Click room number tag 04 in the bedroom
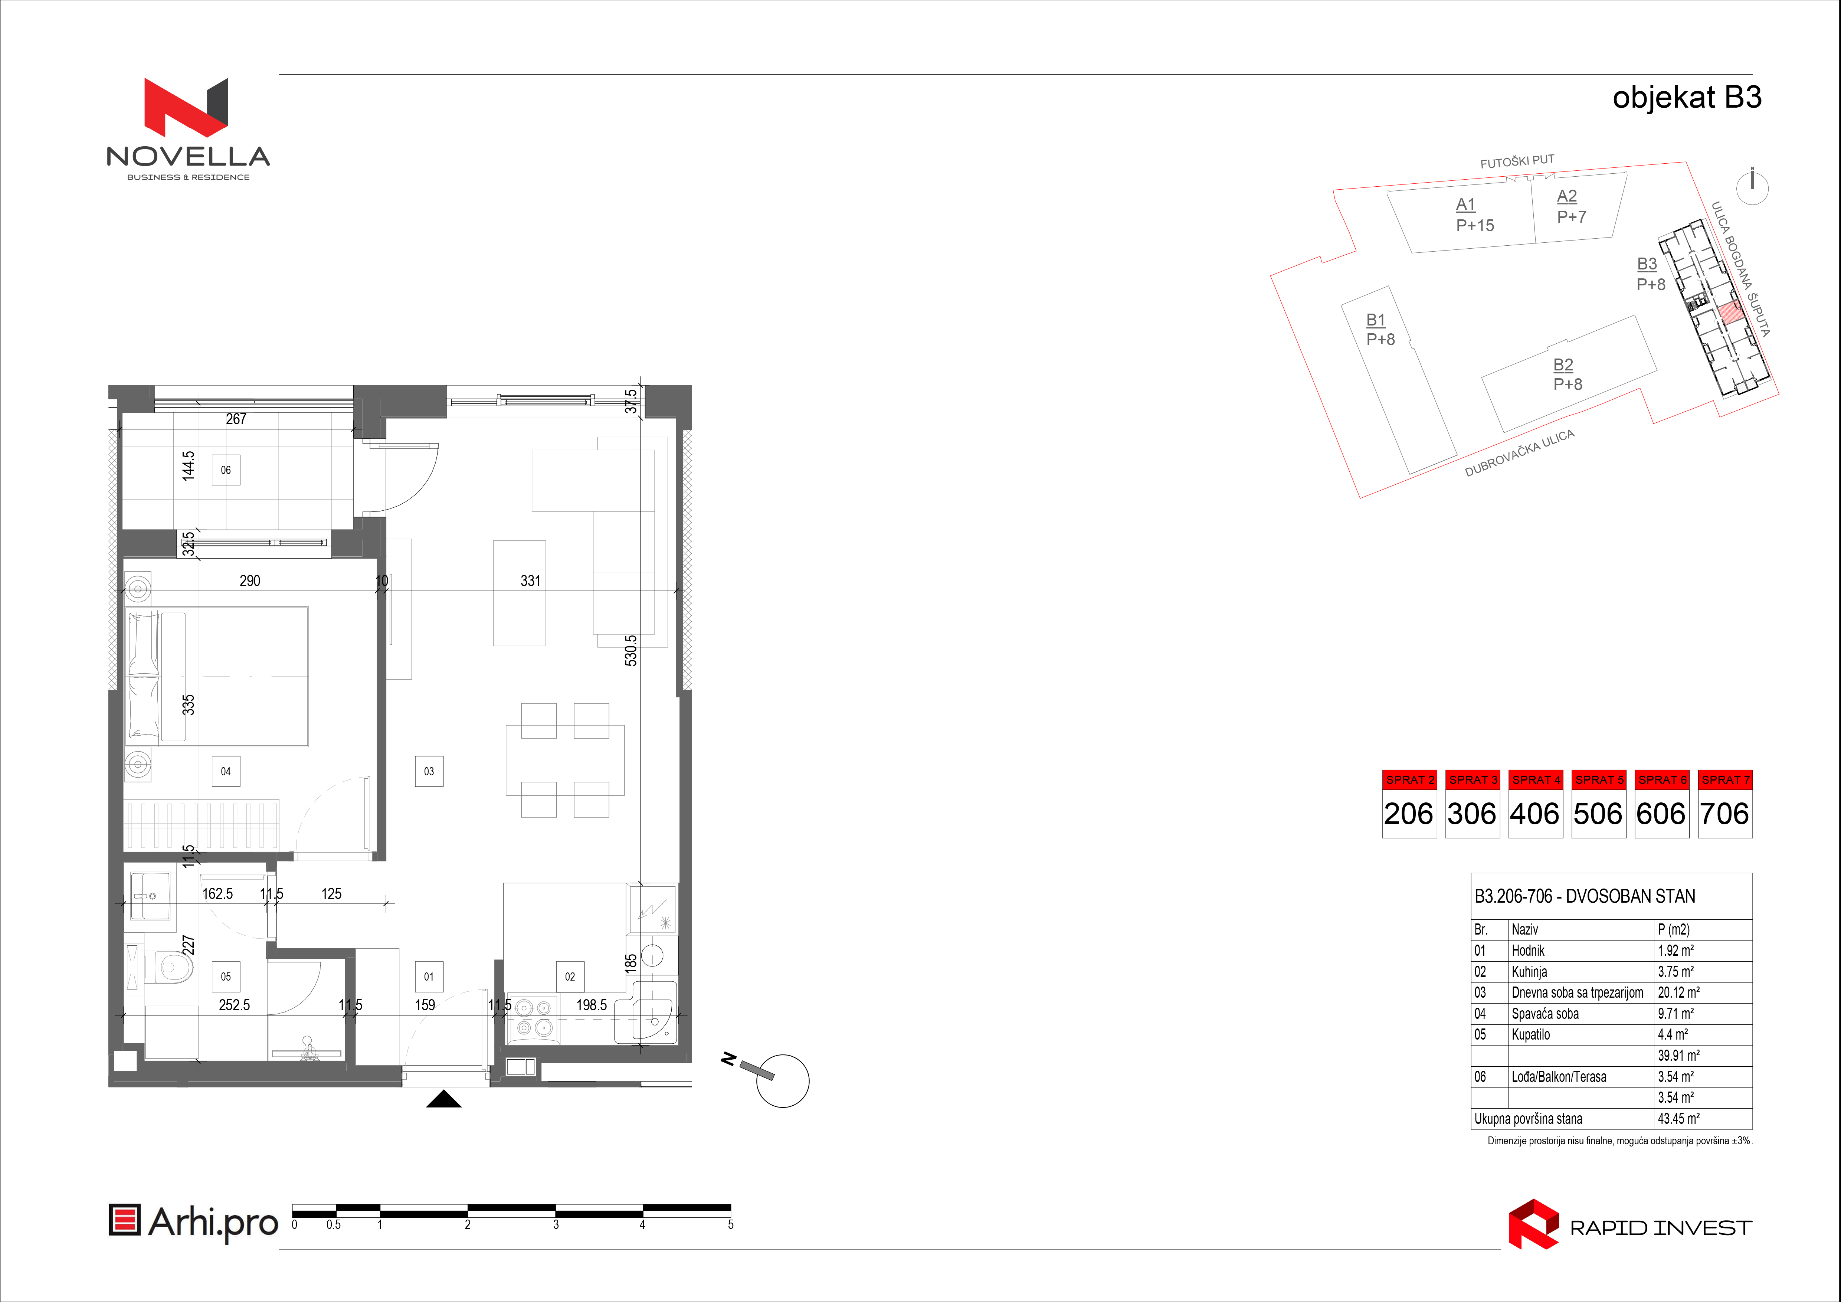click(225, 771)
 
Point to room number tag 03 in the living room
click(429, 771)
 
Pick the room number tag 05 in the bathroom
click(225, 976)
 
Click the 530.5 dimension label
click(631, 650)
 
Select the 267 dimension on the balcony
click(236, 419)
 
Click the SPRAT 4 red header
click(1536, 779)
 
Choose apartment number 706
click(1725, 814)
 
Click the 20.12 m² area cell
click(1678, 992)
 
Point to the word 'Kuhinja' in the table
click(1529, 972)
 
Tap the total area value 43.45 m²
click(1678, 1118)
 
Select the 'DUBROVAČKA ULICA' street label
click(1520, 453)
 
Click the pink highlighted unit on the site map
click(1731, 313)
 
